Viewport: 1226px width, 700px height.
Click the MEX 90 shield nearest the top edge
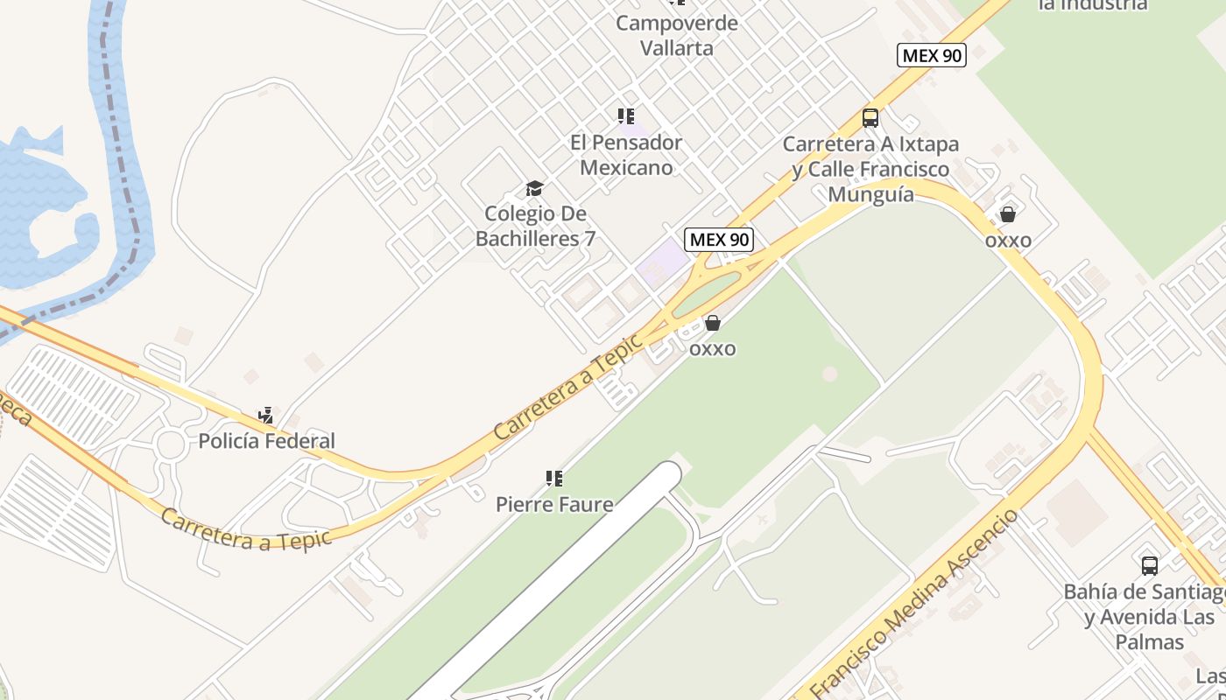tap(931, 55)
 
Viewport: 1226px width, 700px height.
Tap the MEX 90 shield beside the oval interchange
tap(718, 239)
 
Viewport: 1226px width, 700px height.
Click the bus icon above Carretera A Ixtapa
tap(870, 117)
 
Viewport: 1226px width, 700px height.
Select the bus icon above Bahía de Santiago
tap(1149, 565)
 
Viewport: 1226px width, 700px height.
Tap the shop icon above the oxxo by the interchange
tap(713, 323)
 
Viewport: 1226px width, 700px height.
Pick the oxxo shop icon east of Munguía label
tap(1008, 214)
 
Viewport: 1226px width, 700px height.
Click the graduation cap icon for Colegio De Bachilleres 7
tap(534, 188)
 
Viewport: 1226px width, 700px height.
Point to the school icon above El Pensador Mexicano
tap(625, 115)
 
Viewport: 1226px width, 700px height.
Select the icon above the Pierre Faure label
tap(553, 478)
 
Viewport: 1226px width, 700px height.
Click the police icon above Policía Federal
tap(266, 415)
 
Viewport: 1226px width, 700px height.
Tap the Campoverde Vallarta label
tap(676, 35)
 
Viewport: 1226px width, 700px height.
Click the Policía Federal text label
tap(266, 441)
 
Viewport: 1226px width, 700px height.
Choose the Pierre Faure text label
tap(553, 504)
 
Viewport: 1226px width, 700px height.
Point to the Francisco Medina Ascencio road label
tap(915, 604)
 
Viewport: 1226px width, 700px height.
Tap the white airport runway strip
tap(560, 577)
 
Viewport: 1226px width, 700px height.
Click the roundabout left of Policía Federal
tap(171, 444)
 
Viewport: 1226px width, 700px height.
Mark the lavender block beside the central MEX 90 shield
tap(662, 261)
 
